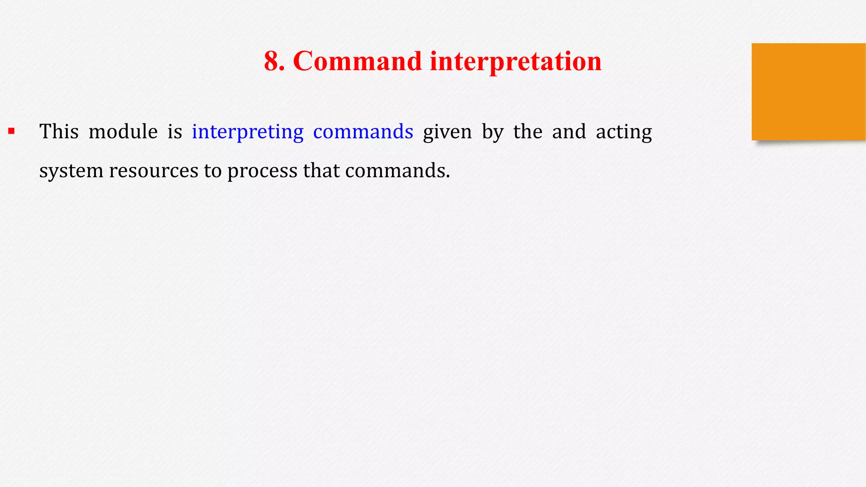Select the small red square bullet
click(11, 131)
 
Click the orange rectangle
click(808, 91)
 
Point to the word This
click(59, 131)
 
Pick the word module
click(123, 131)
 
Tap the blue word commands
click(363, 131)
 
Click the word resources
click(153, 171)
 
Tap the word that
click(321, 170)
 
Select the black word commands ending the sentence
click(397, 170)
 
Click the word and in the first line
click(569, 131)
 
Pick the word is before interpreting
click(175, 131)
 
